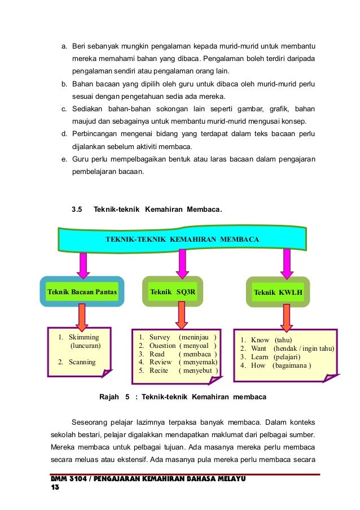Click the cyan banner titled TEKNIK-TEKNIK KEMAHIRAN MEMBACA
coord(182,239)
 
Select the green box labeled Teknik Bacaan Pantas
coord(82,291)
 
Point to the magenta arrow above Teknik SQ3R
coord(182,263)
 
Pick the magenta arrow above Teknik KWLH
coord(287,263)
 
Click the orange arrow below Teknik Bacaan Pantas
coord(82,317)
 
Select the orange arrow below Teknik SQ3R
coord(181,315)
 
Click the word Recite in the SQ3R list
coord(159,370)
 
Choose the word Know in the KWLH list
coord(260,340)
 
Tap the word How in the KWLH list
coord(258,365)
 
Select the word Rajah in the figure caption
coord(109,397)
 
